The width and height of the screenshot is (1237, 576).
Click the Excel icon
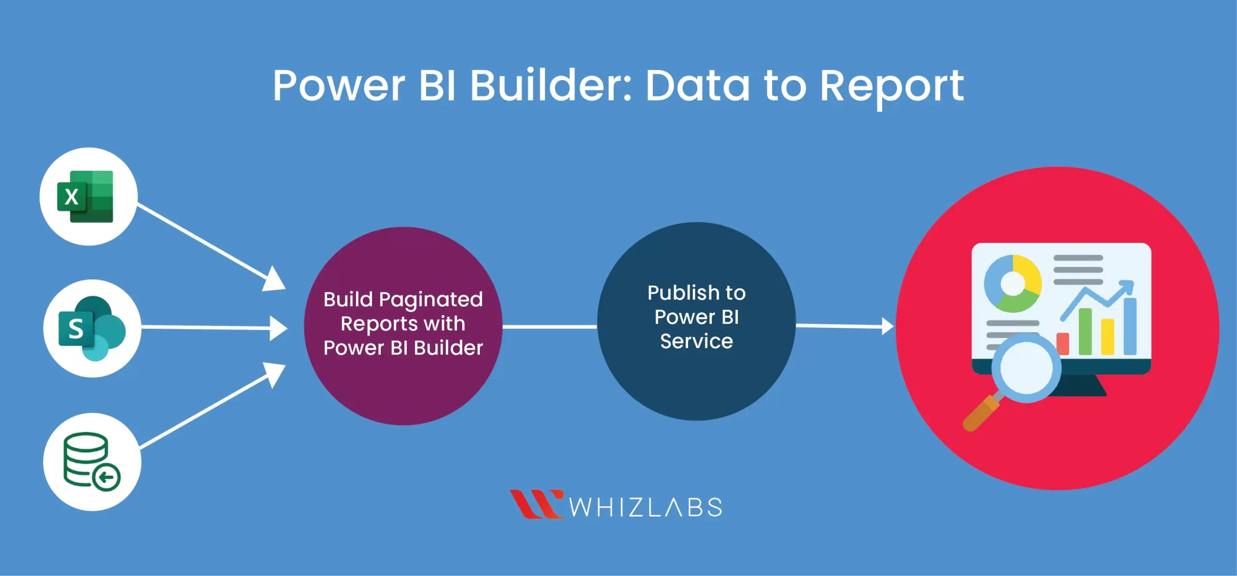(86, 197)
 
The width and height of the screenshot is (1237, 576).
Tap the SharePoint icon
(91, 328)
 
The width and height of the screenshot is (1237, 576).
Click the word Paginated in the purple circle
(431, 300)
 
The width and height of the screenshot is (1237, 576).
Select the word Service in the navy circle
(696, 341)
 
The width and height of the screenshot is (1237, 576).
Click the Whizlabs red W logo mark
(536, 505)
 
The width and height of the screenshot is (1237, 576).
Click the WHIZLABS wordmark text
(646, 507)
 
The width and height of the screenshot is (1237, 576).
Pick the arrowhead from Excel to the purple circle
(274, 280)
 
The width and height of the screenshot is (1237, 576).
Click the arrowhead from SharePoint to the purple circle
(278, 328)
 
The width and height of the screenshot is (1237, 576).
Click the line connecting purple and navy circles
(549, 327)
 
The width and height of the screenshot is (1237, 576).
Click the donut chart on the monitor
(1013, 283)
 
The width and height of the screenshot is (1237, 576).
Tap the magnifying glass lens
(1026, 368)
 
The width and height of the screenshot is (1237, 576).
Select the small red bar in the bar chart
(1063, 344)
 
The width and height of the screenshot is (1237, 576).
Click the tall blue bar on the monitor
(1130, 326)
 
